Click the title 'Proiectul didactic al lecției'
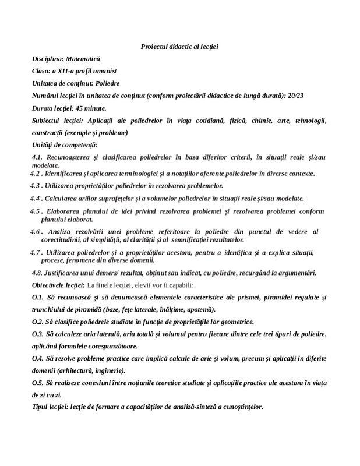click(179, 46)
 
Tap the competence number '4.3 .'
click(38, 186)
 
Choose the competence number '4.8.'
click(38, 273)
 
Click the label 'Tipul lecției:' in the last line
click(50, 407)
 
